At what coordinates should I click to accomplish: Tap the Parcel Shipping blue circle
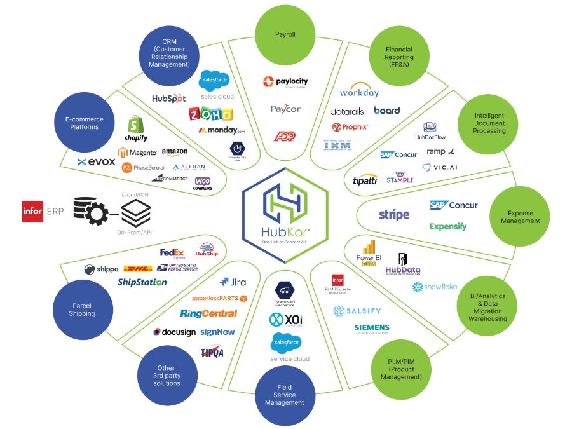(x=82, y=310)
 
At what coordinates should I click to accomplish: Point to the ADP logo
(x=285, y=135)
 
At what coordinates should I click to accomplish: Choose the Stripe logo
(x=394, y=215)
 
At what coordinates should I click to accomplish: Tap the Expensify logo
(x=447, y=226)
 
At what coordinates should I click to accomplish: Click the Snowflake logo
(x=435, y=287)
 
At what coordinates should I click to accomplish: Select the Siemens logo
(x=372, y=329)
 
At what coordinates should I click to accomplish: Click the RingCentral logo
(x=208, y=313)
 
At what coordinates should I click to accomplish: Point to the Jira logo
(x=233, y=282)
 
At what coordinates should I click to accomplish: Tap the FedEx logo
(x=172, y=253)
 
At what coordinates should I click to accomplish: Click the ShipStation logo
(x=142, y=282)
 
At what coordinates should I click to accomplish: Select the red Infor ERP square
(x=32, y=210)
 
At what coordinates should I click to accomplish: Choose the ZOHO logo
(x=211, y=114)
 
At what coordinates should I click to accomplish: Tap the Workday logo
(x=359, y=92)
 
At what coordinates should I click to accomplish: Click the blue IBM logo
(x=337, y=146)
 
